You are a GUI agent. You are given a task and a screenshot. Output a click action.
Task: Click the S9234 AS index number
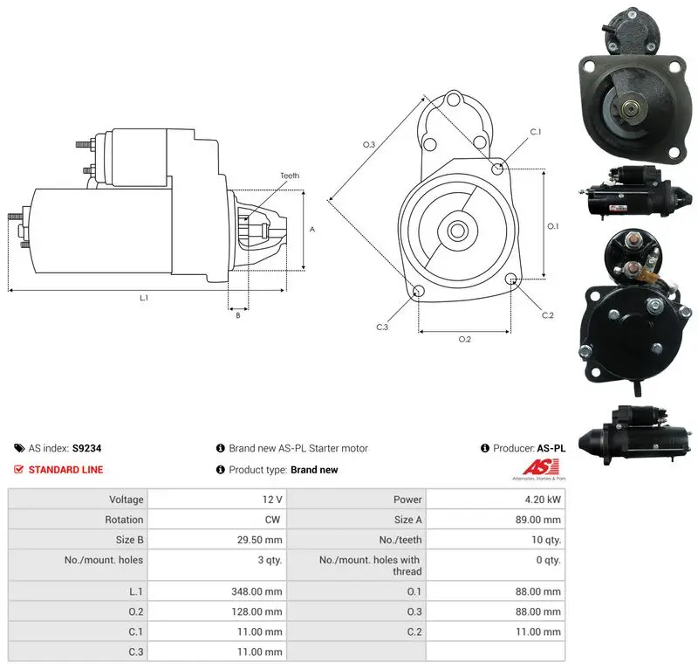pos(86,448)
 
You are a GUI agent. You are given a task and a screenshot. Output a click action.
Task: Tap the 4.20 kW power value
pos(543,500)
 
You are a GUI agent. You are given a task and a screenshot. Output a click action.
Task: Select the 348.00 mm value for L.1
pos(257,591)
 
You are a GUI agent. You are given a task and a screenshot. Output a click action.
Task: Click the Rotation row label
pos(124,520)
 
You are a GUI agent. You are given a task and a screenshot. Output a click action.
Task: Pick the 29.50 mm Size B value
pos(259,540)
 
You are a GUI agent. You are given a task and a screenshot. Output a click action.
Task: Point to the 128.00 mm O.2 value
pos(257,611)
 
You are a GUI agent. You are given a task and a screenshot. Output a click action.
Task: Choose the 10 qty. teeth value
pos(546,540)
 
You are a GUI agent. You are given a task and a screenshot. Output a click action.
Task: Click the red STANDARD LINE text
pos(66,469)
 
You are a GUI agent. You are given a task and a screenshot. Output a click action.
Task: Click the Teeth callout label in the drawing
pos(290,176)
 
